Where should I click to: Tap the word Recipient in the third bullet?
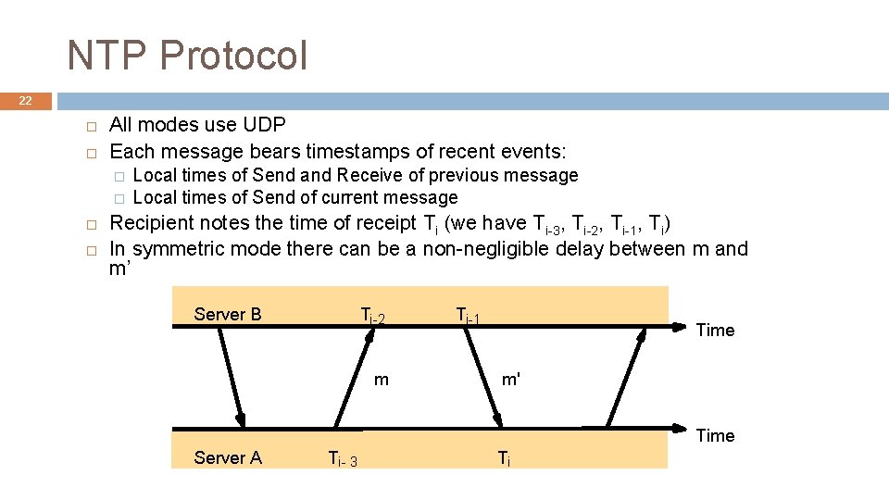[153, 223]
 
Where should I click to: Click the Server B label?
[228, 314]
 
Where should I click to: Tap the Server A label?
[228, 457]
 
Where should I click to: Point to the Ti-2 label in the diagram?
[372, 317]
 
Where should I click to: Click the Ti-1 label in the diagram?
[469, 316]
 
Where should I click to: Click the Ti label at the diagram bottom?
[503, 457]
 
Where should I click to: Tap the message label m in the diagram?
[382, 379]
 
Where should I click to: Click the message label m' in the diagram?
[511, 379]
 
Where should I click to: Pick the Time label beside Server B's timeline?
[715, 330]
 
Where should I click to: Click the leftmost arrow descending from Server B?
[231, 375]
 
